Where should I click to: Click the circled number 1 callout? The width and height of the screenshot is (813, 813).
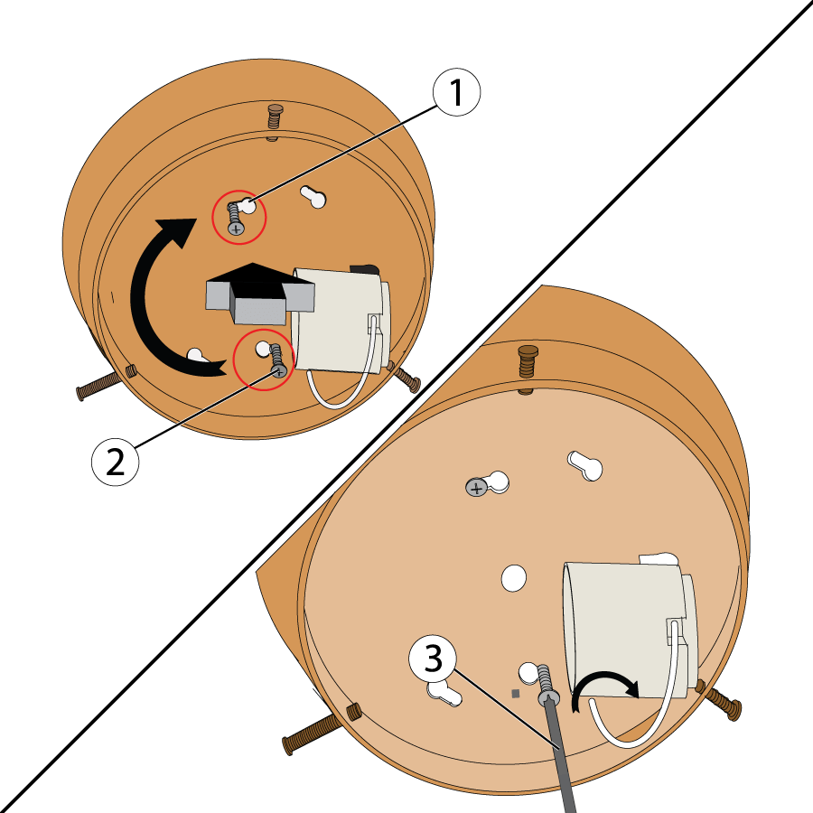pyautogui.click(x=457, y=93)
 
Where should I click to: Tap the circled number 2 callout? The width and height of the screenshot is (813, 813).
pyautogui.click(x=116, y=462)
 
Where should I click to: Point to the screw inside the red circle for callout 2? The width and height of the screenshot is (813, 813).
pyautogui.click(x=277, y=361)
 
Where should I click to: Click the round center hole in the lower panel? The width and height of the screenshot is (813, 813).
pyautogui.click(x=513, y=577)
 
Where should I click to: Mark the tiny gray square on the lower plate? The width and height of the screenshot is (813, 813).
pyautogui.click(x=515, y=694)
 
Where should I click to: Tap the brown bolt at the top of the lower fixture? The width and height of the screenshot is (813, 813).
pyautogui.click(x=526, y=363)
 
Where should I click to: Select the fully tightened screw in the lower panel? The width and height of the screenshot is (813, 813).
pyautogui.click(x=478, y=487)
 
